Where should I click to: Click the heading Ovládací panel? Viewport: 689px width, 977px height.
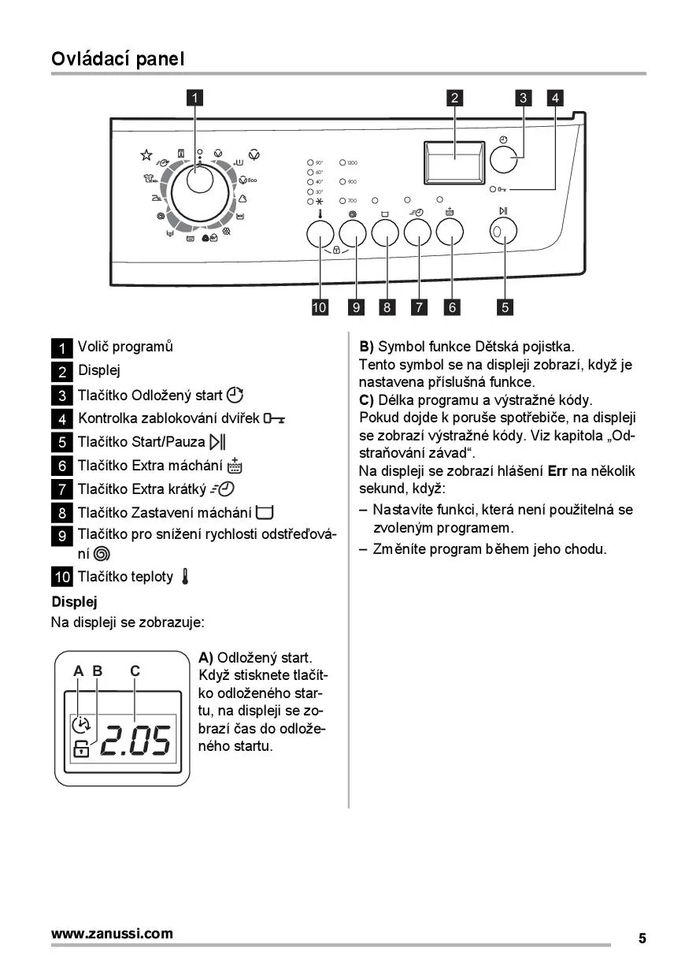[117, 58]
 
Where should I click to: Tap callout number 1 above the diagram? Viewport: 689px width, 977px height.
[194, 98]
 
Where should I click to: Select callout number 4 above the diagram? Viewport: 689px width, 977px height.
[556, 98]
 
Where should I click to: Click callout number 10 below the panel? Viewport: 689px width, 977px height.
[320, 307]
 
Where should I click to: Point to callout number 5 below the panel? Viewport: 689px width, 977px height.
[505, 307]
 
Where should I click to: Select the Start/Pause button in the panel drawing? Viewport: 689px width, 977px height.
[504, 232]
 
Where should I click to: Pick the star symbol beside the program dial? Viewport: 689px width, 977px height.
[146, 155]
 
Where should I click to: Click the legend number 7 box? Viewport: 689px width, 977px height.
[62, 490]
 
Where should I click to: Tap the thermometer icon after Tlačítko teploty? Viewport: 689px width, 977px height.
[185, 577]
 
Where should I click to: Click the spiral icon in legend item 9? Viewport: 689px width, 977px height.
[102, 554]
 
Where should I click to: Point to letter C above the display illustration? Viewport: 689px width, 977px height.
[135, 671]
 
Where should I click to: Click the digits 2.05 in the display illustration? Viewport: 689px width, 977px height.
[135, 741]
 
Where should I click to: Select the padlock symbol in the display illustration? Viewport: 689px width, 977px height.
[81, 750]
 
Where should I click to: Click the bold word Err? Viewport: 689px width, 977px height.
[557, 471]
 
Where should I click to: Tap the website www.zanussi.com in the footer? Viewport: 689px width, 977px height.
[112, 934]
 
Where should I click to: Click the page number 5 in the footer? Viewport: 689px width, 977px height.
[642, 938]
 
